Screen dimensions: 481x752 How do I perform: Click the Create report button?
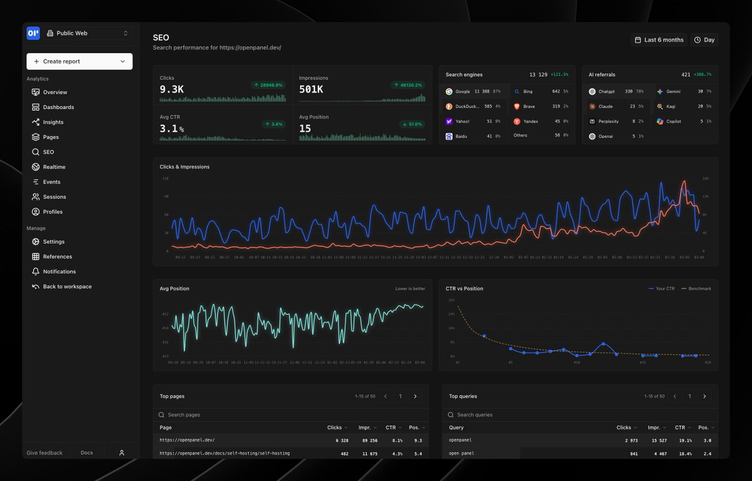click(x=79, y=61)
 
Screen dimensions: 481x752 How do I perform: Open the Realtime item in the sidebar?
click(x=54, y=167)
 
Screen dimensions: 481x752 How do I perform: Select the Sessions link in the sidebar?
click(x=54, y=197)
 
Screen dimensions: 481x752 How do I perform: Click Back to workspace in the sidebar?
click(x=66, y=287)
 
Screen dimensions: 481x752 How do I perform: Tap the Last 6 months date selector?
click(x=659, y=40)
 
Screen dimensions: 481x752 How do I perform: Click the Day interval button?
click(x=704, y=40)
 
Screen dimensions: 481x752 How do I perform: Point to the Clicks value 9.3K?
click(x=172, y=90)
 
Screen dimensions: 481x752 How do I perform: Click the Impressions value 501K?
click(x=311, y=90)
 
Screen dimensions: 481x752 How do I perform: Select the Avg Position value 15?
click(x=305, y=128)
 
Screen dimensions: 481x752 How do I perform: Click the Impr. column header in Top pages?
click(x=367, y=428)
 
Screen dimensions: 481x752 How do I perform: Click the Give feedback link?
click(x=44, y=453)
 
